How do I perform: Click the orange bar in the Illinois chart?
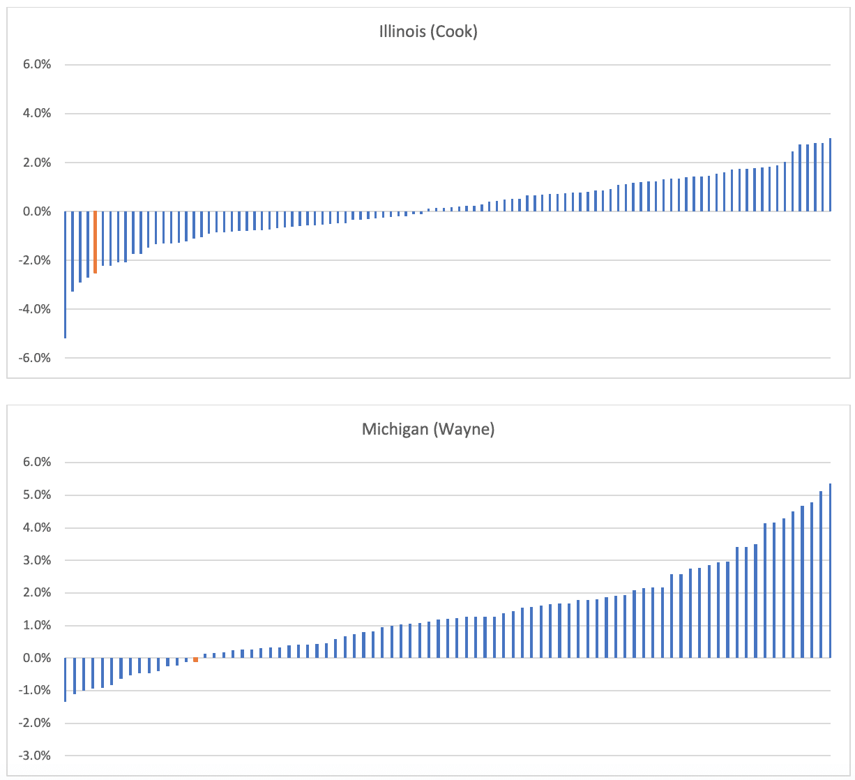pyautogui.click(x=96, y=242)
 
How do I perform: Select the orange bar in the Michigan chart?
pyautogui.click(x=196, y=660)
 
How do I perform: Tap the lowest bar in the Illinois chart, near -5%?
pyautogui.click(x=65, y=275)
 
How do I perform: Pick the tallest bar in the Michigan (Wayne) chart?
pyautogui.click(x=830, y=571)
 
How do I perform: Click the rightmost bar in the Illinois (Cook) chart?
pyautogui.click(x=830, y=175)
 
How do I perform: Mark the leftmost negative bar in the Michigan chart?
pyautogui.click(x=65, y=679)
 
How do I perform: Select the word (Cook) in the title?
pyautogui.click(x=455, y=32)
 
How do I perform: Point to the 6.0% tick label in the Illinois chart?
pyautogui.click(x=38, y=65)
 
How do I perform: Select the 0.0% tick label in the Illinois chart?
pyautogui.click(x=38, y=211)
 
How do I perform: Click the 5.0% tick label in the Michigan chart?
pyautogui.click(x=38, y=495)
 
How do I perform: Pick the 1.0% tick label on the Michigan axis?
pyautogui.click(x=38, y=626)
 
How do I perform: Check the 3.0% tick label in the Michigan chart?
pyautogui.click(x=38, y=560)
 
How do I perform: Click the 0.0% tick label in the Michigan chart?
pyautogui.click(x=38, y=658)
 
